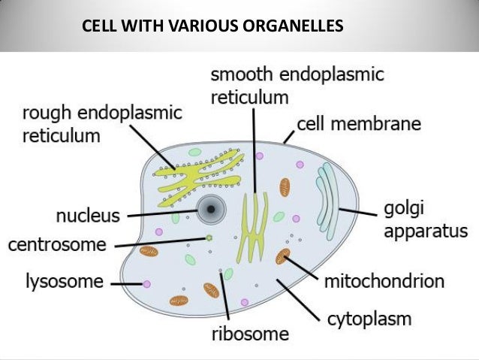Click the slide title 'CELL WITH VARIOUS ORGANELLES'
click(213, 27)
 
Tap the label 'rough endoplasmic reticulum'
click(102, 125)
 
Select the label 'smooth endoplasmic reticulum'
click(297, 86)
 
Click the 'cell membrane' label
click(359, 123)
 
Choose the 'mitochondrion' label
click(384, 282)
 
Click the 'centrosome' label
click(56, 245)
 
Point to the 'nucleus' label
click(88, 216)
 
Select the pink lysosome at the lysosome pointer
click(146, 284)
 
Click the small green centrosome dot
click(209, 239)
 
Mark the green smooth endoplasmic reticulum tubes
click(254, 225)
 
